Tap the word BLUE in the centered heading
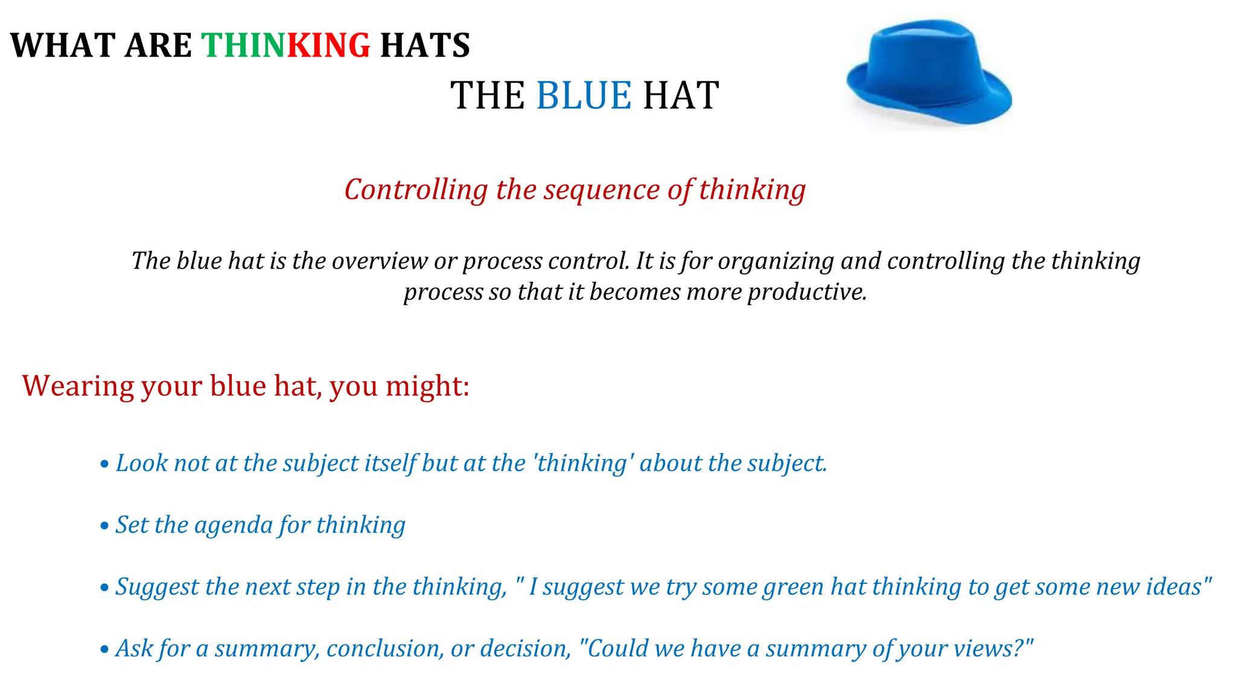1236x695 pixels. click(x=584, y=96)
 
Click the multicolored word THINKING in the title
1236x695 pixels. click(x=285, y=46)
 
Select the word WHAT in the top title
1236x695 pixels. click(x=63, y=46)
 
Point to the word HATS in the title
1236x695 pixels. click(x=425, y=46)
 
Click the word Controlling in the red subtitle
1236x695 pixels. click(x=416, y=190)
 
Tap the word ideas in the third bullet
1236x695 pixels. click(x=1174, y=587)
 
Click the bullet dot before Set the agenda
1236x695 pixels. click(x=104, y=526)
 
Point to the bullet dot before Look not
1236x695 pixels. click(x=104, y=465)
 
